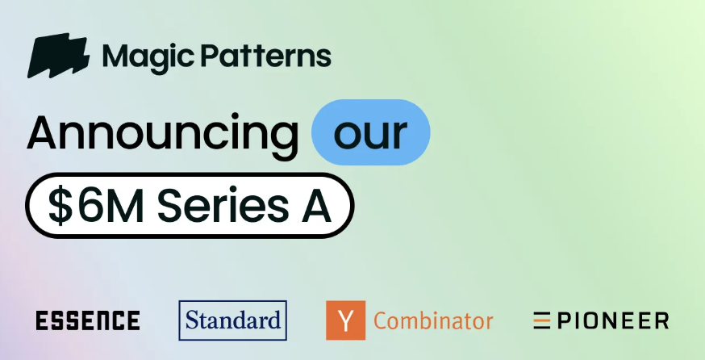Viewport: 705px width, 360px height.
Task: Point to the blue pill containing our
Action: [370, 132]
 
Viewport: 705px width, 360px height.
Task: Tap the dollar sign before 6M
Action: [60, 206]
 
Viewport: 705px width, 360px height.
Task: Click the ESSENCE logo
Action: [88, 320]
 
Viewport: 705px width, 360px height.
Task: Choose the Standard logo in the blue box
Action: [232, 320]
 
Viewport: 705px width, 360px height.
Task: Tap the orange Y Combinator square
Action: [345, 320]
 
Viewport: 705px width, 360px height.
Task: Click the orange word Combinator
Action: [433, 321]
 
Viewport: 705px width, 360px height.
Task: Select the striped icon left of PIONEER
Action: [541, 320]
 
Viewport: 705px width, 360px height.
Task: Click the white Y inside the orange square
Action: [345, 320]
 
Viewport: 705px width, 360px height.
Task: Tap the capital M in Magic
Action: [114, 57]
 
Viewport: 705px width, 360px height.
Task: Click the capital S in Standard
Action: [192, 320]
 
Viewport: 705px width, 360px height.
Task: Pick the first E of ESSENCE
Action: [42, 320]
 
